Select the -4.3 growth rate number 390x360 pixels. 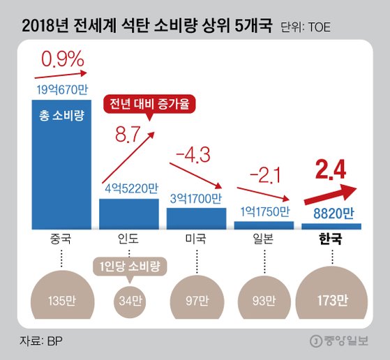click(197, 151)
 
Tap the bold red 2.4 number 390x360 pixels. click(330, 168)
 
